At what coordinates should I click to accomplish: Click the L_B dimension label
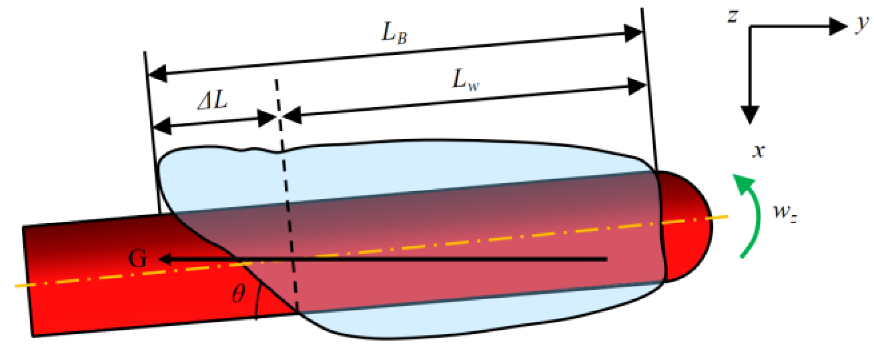[x=394, y=33]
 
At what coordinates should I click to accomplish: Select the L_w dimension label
[x=465, y=80]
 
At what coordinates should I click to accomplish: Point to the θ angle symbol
[x=238, y=293]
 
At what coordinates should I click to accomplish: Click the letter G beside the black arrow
[x=138, y=258]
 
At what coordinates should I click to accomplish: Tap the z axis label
[x=733, y=16]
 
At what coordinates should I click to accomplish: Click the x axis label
[x=758, y=151]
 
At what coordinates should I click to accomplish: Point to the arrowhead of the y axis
[x=838, y=26]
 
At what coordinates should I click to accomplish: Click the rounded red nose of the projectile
[x=688, y=226]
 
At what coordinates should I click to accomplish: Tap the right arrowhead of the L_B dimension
[x=633, y=33]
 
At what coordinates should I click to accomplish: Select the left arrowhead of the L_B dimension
[x=157, y=73]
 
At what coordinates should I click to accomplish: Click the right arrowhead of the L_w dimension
[x=636, y=86]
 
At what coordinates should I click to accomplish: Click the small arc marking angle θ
[x=257, y=302]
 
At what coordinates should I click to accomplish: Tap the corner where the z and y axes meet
[x=750, y=27]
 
